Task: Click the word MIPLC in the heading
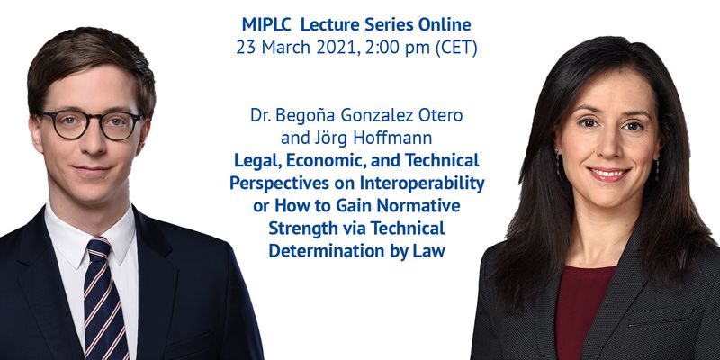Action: click(x=266, y=25)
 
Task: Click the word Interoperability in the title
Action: click(x=422, y=184)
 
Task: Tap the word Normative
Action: click(x=418, y=205)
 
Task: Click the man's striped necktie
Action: click(x=103, y=298)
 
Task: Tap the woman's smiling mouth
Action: click(x=609, y=175)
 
